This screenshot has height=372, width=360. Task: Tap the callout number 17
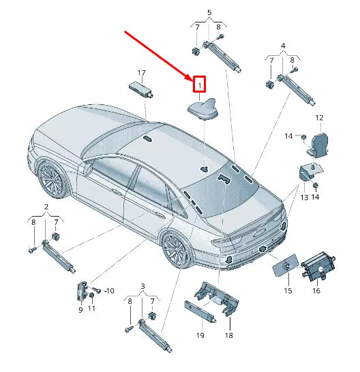point(142,73)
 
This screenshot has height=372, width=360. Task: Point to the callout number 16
point(316,290)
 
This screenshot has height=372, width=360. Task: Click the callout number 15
point(287,291)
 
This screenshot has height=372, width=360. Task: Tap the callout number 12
point(318,118)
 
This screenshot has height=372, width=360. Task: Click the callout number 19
point(200,335)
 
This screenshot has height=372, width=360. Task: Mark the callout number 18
point(229,335)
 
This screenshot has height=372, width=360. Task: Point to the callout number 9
point(80,309)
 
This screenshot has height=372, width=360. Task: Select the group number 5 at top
point(209,12)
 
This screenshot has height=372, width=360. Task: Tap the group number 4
point(283,46)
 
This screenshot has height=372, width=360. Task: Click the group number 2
point(46,206)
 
